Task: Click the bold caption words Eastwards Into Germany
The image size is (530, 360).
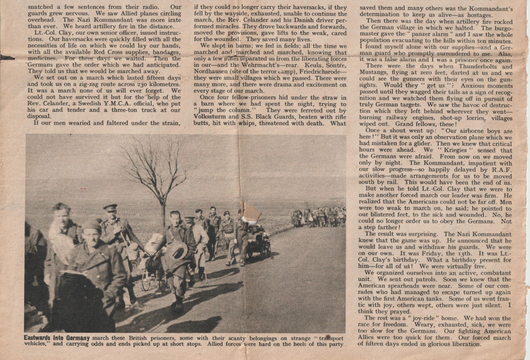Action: tap(56, 338)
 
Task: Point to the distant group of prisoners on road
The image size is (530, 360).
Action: tap(319, 216)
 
